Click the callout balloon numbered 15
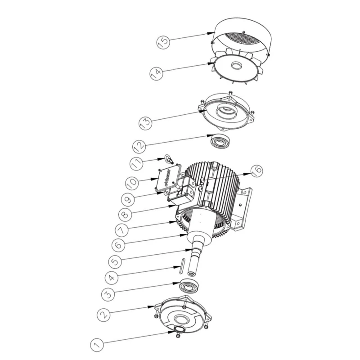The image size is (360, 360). click(x=163, y=42)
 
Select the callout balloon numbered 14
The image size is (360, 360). click(x=156, y=72)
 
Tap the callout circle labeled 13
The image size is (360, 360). click(x=145, y=122)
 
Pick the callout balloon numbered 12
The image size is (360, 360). click(x=139, y=146)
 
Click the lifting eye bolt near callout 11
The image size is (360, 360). click(x=169, y=158)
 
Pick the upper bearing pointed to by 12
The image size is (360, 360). click(x=221, y=141)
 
